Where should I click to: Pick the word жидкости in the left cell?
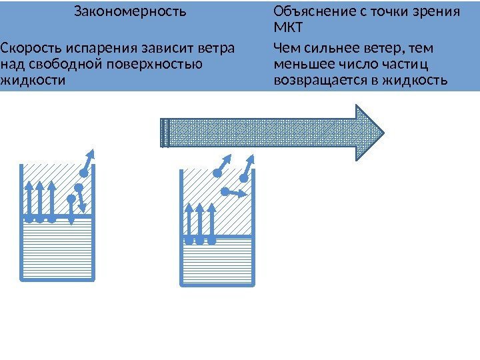(x=33, y=80)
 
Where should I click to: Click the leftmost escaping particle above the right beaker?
(x=217, y=173)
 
